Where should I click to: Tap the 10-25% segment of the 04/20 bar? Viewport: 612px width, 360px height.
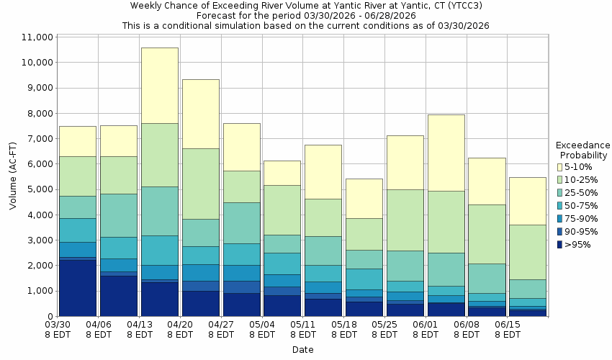tap(200, 184)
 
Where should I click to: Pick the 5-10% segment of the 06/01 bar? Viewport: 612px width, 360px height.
tap(446, 153)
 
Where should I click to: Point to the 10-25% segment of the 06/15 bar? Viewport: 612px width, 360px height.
tap(527, 252)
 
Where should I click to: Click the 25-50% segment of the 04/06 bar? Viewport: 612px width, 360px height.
tap(118, 215)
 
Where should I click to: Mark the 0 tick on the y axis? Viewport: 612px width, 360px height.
tap(50, 316)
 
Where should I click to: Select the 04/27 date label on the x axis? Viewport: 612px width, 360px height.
tap(221, 330)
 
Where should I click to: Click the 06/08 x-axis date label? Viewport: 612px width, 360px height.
tap(467, 330)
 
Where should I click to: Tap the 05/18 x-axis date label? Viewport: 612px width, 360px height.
tap(344, 330)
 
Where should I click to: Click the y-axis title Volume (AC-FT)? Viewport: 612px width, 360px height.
tap(13, 176)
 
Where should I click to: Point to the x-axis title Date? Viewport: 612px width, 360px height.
tap(302, 350)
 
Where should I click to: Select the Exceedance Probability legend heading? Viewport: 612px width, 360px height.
tap(582, 150)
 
